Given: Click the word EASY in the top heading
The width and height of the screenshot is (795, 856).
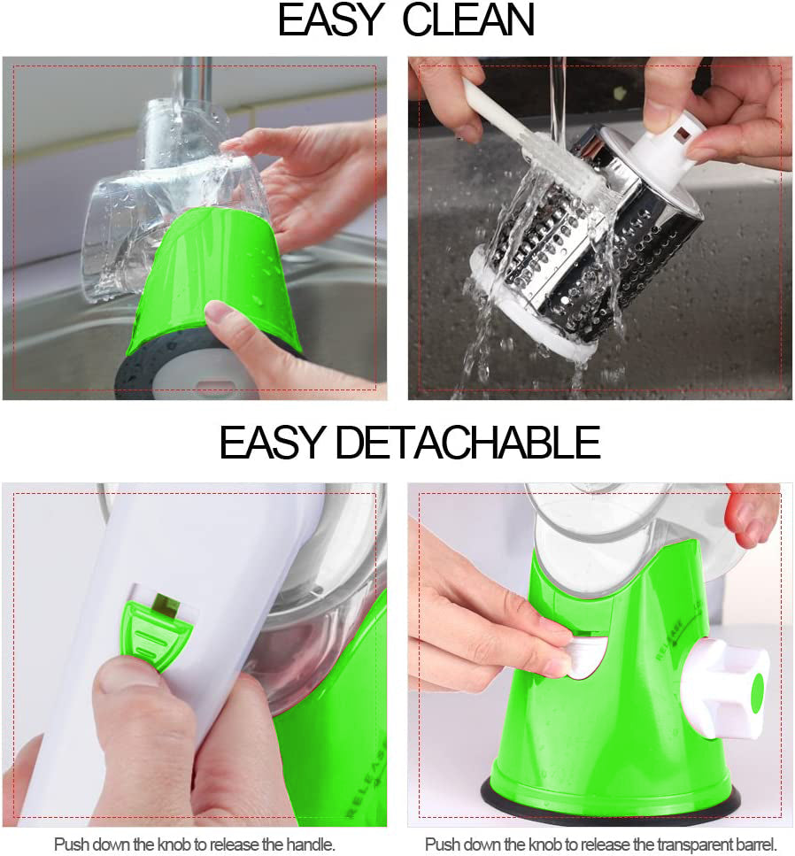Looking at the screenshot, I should pyautogui.click(x=333, y=20).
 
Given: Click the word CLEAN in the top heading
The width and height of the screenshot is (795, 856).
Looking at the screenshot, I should pyautogui.click(x=468, y=20).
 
